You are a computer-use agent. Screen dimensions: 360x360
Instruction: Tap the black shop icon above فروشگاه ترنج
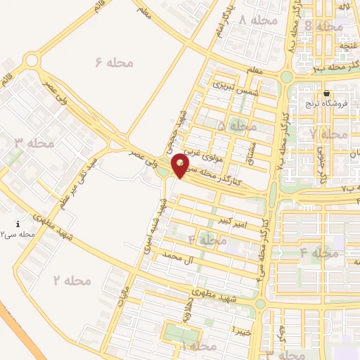click(x=327, y=94)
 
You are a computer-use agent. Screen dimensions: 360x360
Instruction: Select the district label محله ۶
click(x=115, y=63)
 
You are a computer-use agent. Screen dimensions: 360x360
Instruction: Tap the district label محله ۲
click(x=72, y=281)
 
